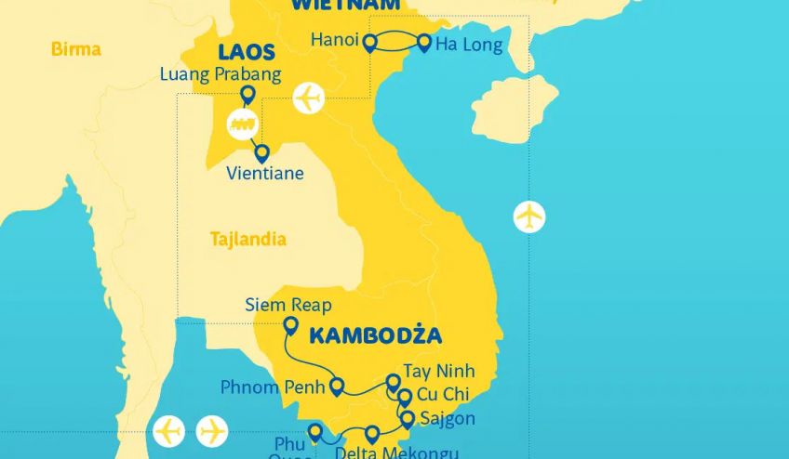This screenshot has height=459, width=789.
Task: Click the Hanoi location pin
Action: pos(369,43)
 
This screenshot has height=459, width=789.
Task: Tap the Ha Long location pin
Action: pos(425,43)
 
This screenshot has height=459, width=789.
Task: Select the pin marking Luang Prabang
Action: pos(247,95)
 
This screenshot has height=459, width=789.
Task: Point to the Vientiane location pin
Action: pos(262,152)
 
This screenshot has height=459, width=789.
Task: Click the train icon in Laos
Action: pos(243,124)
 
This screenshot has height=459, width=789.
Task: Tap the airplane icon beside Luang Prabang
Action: pos(308,98)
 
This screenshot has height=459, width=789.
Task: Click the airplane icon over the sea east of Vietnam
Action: pos(529,216)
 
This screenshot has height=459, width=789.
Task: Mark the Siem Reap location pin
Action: pos(290,325)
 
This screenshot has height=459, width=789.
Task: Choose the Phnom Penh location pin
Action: pos(337,386)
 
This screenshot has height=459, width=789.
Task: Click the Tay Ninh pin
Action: pos(393,382)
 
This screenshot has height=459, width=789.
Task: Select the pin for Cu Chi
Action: pos(404,397)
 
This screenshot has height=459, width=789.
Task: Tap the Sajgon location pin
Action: pos(407,419)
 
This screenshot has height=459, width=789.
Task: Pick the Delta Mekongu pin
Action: pos(372,433)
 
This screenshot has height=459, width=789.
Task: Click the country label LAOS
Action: pos(247,52)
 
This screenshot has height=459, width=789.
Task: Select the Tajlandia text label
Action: pos(247,239)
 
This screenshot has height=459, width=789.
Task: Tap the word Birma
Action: pos(76,48)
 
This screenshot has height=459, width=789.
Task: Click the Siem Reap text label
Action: pos(288,305)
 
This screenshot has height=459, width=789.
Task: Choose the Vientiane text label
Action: pos(265,173)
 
